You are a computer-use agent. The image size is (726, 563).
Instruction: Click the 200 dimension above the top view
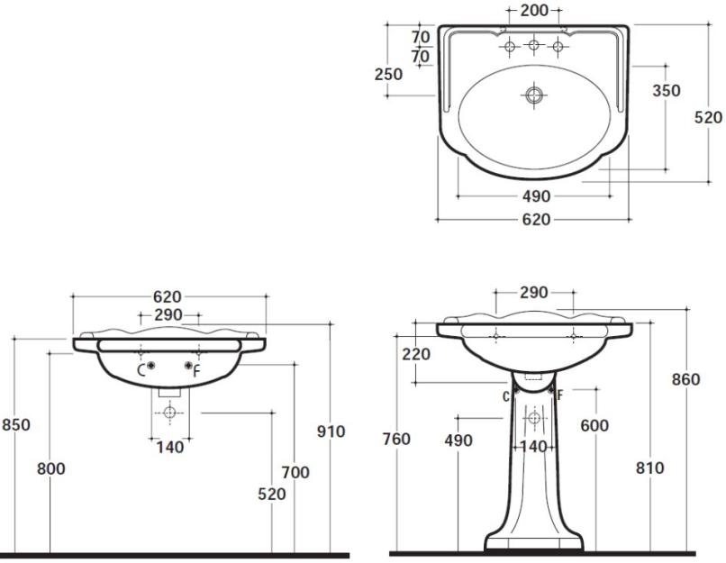pos(534,10)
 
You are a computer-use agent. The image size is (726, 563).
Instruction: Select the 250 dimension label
pos(388,74)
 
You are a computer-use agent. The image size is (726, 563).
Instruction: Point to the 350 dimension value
pos(667,90)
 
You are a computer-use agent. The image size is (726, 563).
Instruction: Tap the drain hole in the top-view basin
pos(534,95)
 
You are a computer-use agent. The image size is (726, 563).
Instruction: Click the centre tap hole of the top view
pos(534,45)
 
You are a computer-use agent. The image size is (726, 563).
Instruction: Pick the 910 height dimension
pos(331,431)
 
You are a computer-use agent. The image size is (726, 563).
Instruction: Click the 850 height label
pos(15,424)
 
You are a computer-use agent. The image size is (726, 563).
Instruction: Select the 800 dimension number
pos(51,469)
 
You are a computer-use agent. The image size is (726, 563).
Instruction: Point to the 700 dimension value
pos(295,472)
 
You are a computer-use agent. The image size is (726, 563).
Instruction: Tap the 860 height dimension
pos(685,379)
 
